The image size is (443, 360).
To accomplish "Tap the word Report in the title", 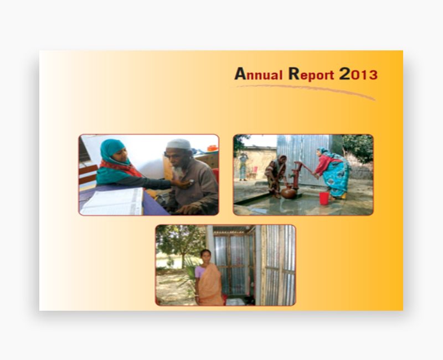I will [312, 74].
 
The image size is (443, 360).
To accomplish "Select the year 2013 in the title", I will [358, 74].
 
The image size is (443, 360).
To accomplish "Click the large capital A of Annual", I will [240, 73].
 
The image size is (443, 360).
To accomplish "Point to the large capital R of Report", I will [294, 73].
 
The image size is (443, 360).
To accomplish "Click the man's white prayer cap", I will [179, 144].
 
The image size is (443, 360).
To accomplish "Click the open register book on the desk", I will [114, 202].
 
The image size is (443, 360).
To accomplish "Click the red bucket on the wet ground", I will [324, 198].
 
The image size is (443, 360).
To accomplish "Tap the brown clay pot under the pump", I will [289, 193].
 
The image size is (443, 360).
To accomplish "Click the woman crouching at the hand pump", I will [276, 174].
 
